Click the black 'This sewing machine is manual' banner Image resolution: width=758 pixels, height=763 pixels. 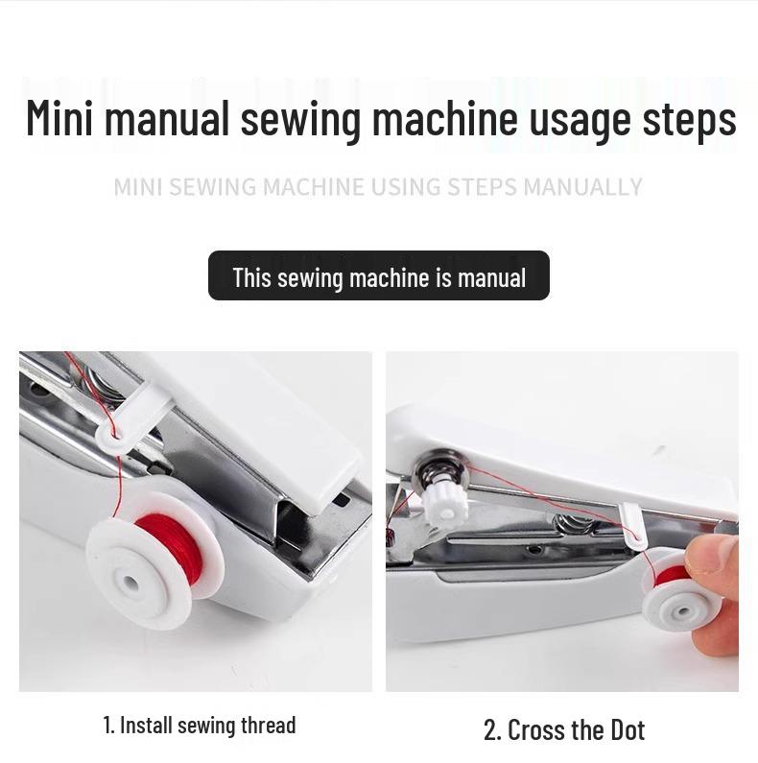coord(379,276)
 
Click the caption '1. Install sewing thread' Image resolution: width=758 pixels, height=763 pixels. coord(200,726)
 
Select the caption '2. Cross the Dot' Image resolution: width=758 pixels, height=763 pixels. coord(563,729)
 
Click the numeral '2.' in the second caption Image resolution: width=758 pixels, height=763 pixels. coord(492,729)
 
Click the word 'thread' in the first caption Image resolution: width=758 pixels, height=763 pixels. coord(270,726)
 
